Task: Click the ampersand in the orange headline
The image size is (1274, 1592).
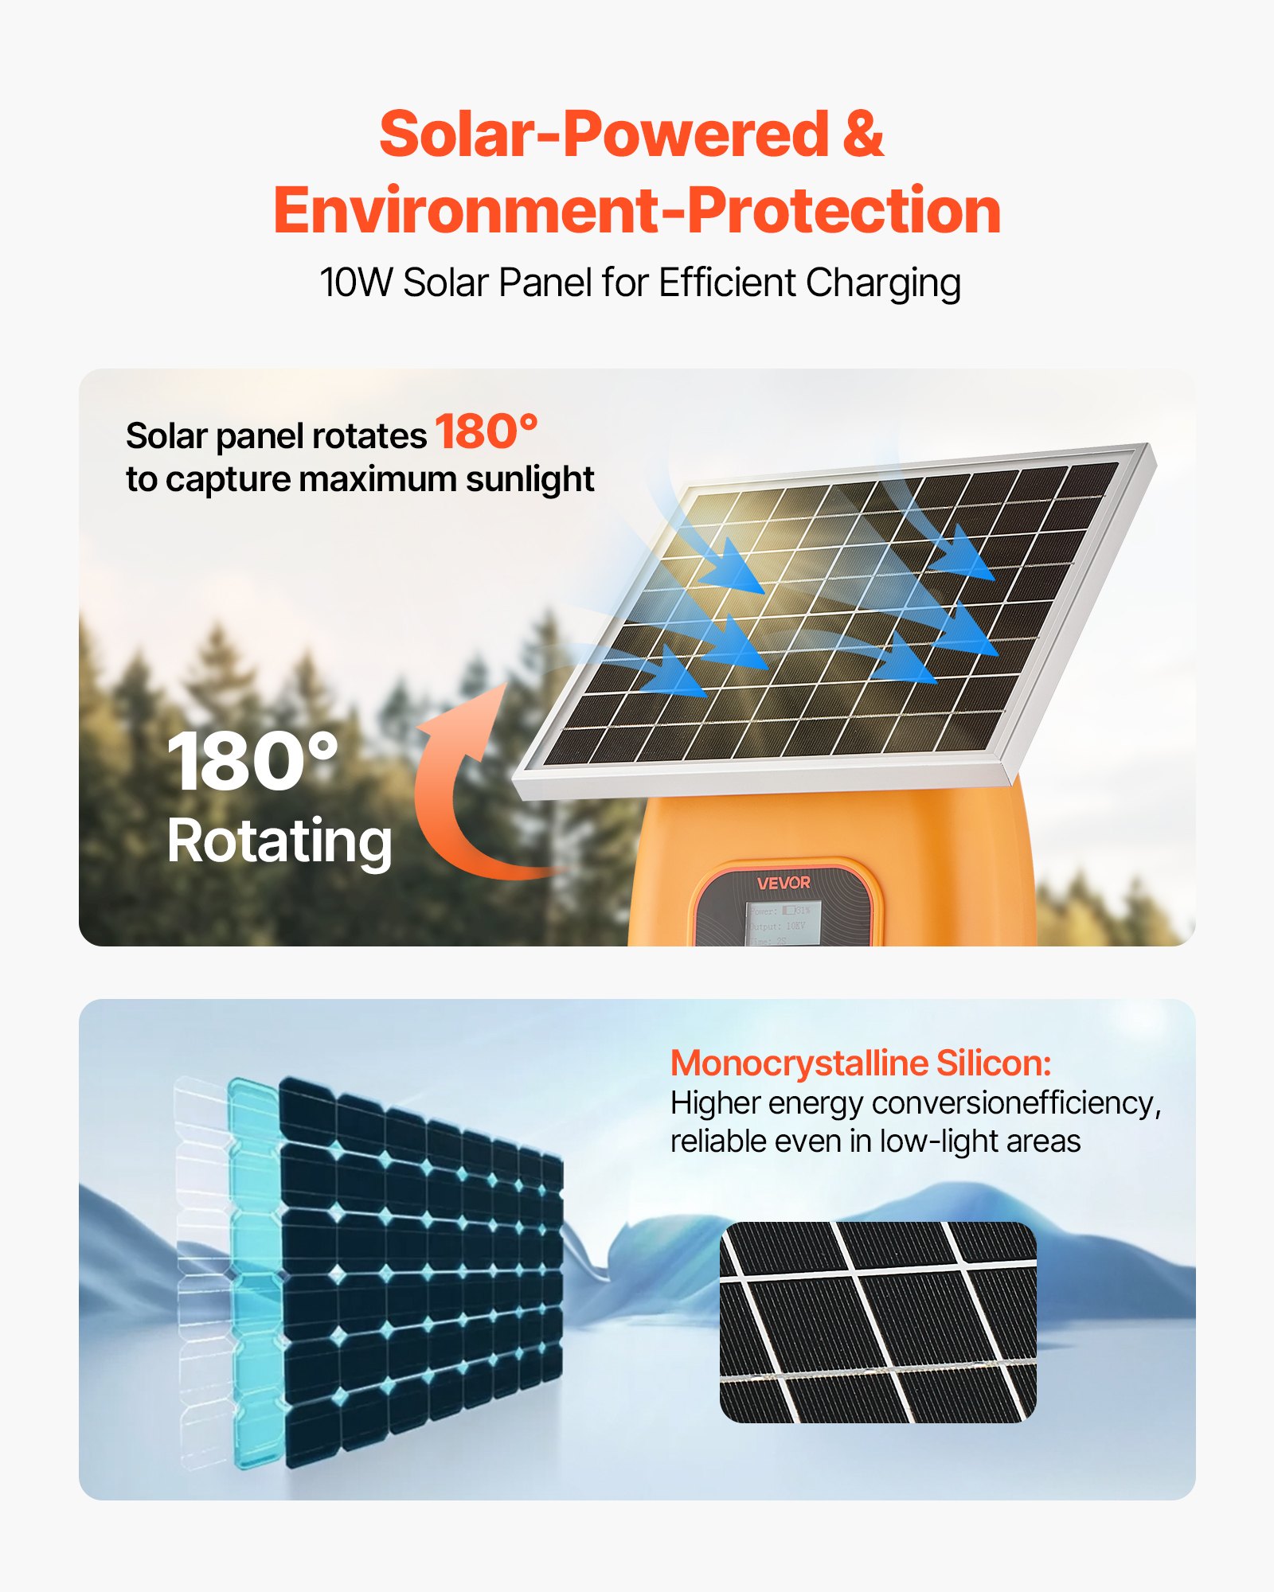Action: click(x=862, y=134)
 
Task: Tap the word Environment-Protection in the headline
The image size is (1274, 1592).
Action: click(x=637, y=211)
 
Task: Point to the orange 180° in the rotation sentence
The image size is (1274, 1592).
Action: click(x=487, y=432)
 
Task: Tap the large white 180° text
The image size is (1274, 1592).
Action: click(x=252, y=762)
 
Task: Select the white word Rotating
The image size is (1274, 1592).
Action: click(x=279, y=841)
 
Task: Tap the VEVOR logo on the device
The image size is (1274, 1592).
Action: click(x=784, y=883)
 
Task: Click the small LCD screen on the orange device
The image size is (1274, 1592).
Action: click(x=782, y=923)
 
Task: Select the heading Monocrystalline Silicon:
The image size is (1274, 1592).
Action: click(x=861, y=1063)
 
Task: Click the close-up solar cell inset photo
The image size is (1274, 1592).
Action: click(x=877, y=1321)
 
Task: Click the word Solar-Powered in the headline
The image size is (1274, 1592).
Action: click(x=604, y=134)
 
